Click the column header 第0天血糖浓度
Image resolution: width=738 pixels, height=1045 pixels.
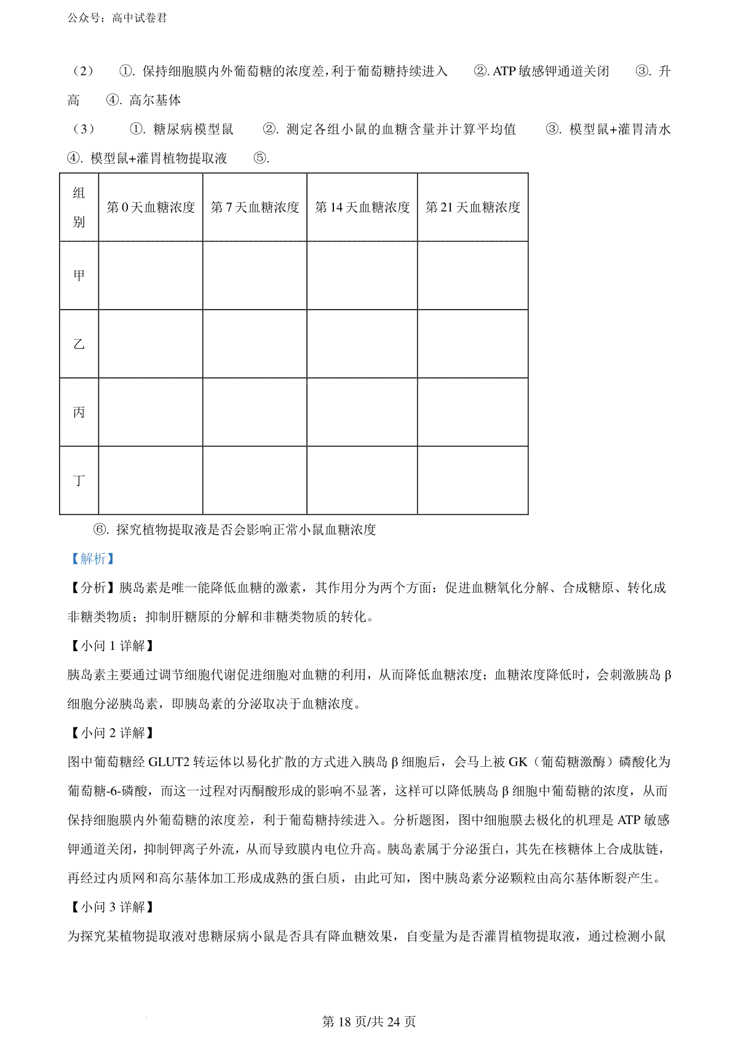[x=151, y=207]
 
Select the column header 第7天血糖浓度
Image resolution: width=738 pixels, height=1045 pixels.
[x=255, y=207]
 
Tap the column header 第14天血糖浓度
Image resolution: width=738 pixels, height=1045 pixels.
[x=362, y=207]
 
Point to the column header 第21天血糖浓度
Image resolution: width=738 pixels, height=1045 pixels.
[x=472, y=207]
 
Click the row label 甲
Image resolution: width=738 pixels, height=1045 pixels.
[x=79, y=276]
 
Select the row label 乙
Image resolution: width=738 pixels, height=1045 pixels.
[x=79, y=344]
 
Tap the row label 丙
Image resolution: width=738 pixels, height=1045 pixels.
[x=79, y=412]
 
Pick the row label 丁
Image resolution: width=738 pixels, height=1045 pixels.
[x=79, y=480]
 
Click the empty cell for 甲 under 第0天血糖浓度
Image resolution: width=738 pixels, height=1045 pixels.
[x=151, y=276]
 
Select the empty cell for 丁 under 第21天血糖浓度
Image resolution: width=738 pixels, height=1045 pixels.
[x=472, y=480]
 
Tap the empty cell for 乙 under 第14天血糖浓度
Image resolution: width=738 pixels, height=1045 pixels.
[x=362, y=344]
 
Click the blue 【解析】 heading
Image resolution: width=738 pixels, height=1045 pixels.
[x=92, y=559]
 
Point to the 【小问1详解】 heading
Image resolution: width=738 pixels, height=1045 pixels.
[x=111, y=646]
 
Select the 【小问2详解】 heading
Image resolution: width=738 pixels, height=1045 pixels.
[x=111, y=732]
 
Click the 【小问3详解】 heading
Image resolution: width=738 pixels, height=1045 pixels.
[x=111, y=907]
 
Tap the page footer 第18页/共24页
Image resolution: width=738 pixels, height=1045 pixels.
[x=369, y=1022]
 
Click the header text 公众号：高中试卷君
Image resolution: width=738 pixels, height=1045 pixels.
[x=117, y=18]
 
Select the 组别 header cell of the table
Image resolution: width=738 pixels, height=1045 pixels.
[x=79, y=207]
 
